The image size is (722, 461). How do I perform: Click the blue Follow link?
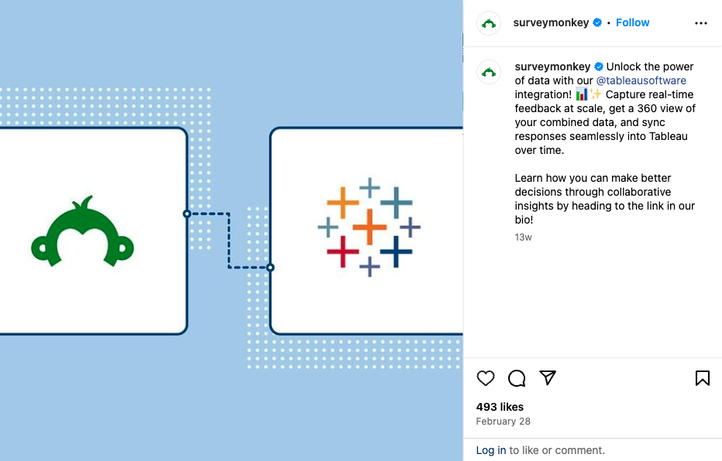632,22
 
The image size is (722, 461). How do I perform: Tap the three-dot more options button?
701,23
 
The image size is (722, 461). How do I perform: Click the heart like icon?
485,378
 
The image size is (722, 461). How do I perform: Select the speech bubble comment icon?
517,378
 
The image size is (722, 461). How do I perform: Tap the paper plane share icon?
548,377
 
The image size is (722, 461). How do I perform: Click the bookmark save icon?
702,378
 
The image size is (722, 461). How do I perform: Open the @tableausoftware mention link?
641,80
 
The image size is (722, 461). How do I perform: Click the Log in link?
491,450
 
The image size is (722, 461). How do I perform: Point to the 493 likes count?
500,407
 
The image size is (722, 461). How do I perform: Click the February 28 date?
504,422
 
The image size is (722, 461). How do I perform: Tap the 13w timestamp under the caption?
523,237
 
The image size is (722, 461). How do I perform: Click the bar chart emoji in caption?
582,94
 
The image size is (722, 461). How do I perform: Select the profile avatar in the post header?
489,23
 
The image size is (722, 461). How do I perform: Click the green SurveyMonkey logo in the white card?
82,231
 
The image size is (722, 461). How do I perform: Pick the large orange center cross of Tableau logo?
370,227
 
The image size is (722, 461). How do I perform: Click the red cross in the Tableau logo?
342,251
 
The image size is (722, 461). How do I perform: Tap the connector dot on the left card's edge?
187,213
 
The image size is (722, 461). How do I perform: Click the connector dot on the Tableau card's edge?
270,268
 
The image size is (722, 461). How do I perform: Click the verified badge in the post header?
597,22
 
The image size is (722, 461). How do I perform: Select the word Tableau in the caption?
668,136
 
